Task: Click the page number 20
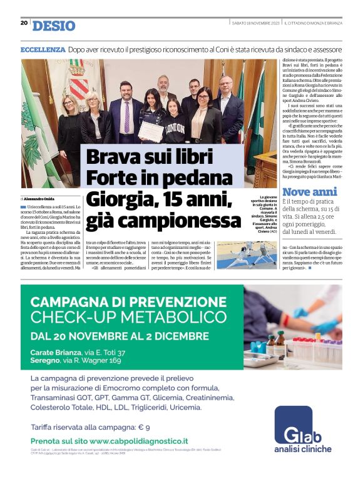24,23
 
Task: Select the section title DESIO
54,26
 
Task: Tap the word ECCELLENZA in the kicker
43,49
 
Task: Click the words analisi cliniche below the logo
303,449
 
